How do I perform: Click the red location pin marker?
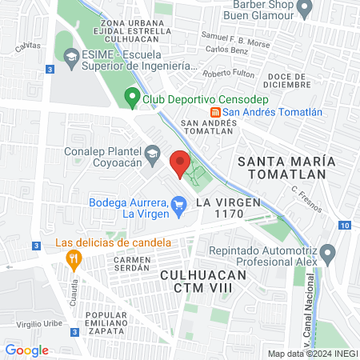click(x=180, y=162)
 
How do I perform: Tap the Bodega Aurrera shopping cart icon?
click(x=179, y=208)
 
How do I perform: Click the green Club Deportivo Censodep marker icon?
click(x=132, y=100)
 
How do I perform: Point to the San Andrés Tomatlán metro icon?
click(x=214, y=112)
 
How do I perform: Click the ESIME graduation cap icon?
click(x=70, y=58)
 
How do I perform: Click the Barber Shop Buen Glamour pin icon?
click(x=304, y=9)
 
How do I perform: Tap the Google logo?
click(x=26, y=350)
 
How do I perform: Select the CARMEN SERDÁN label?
click(x=132, y=265)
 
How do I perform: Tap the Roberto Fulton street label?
click(x=227, y=74)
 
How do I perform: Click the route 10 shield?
click(x=343, y=226)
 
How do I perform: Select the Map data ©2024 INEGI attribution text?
click(x=310, y=354)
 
